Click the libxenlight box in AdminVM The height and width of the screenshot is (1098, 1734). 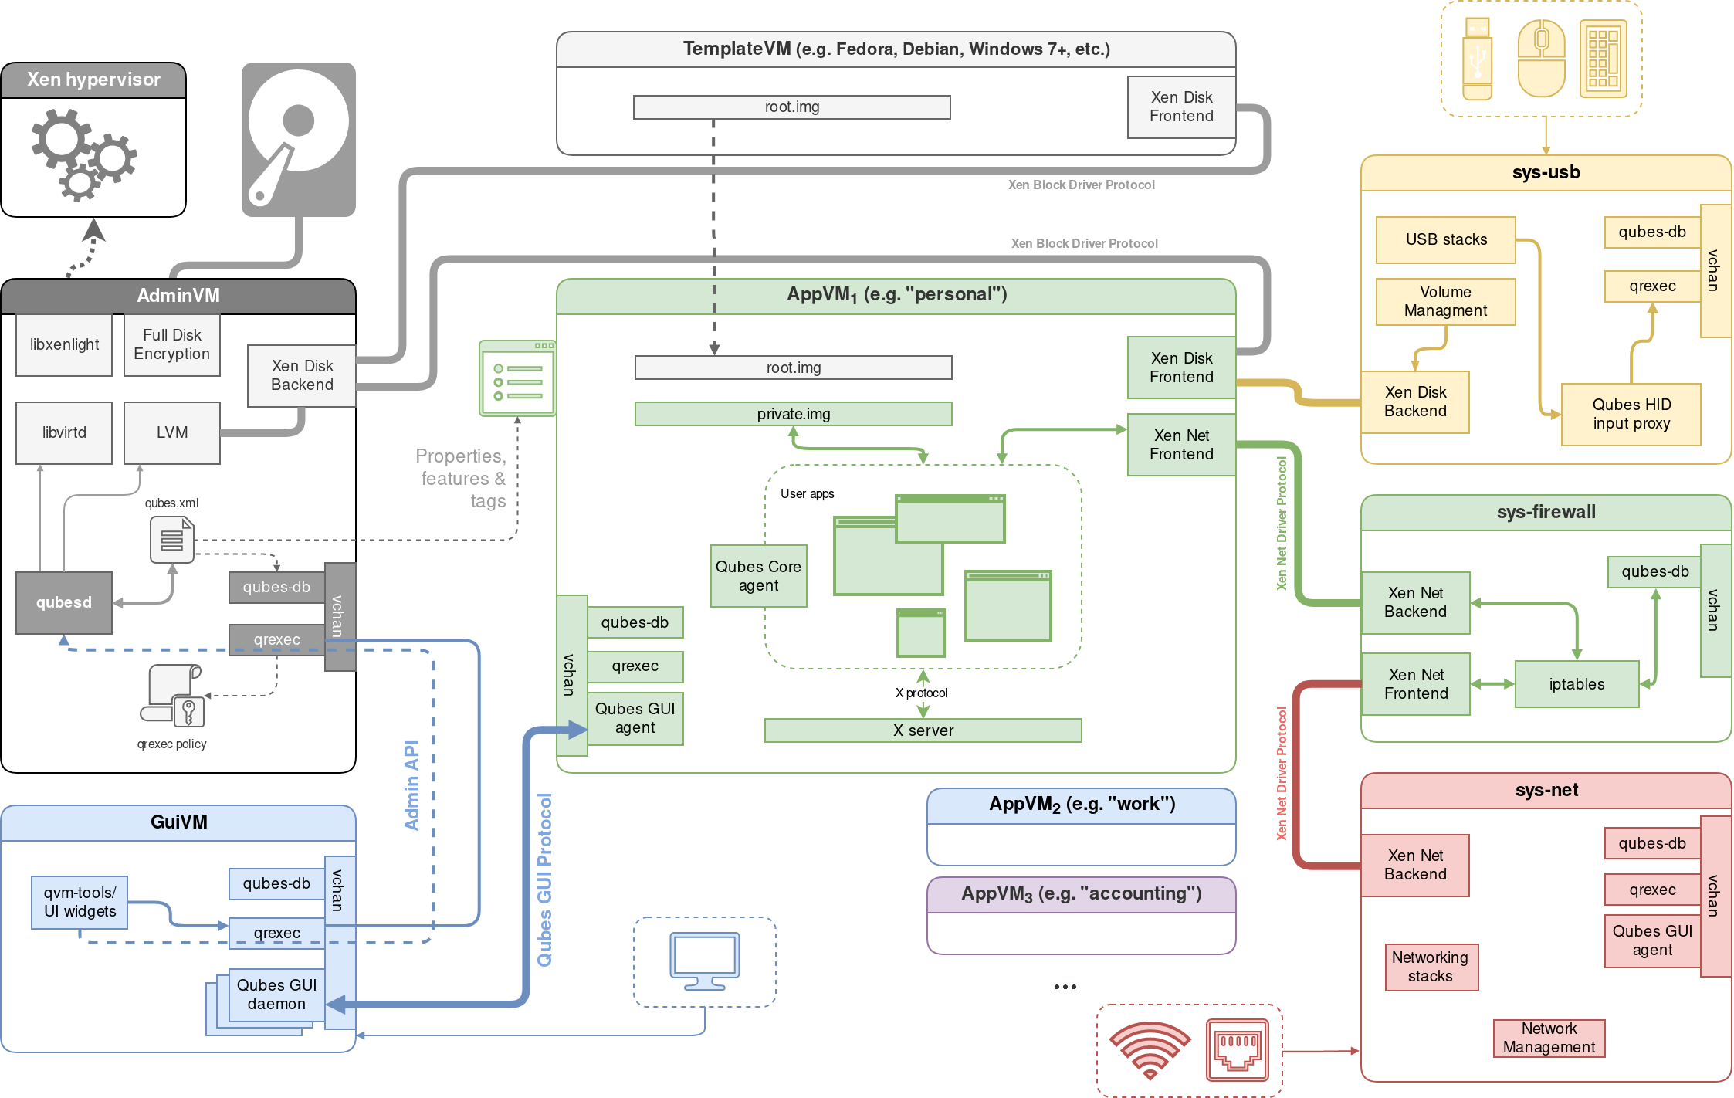click(x=64, y=344)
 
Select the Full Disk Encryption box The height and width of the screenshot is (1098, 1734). click(x=171, y=344)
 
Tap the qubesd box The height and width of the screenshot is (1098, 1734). click(x=64, y=602)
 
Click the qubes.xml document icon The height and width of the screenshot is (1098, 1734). click(x=171, y=540)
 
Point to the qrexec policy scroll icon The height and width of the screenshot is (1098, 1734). click(x=174, y=696)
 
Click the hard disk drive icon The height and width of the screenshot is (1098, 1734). click(x=298, y=140)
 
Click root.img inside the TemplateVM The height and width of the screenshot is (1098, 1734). click(x=791, y=107)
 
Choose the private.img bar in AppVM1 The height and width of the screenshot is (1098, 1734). click(x=793, y=414)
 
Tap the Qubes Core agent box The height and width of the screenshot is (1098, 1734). click(x=758, y=576)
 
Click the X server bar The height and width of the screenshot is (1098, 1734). click(x=923, y=730)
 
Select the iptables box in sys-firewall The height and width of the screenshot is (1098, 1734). click(x=1577, y=684)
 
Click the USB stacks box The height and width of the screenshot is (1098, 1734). click(x=1445, y=239)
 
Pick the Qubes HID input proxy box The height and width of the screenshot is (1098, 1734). click(x=1631, y=414)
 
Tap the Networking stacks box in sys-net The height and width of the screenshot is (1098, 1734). click(x=1431, y=967)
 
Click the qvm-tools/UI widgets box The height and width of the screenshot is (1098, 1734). click(x=80, y=902)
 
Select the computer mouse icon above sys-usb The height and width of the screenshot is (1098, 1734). click(x=1541, y=59)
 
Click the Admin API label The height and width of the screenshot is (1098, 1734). click(x=411, y=785)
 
